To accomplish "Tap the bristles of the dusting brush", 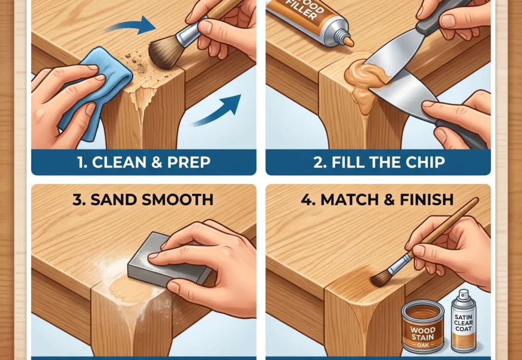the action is click(163, 52).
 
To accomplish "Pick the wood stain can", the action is click(423, 326).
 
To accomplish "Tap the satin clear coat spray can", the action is click(463, 322).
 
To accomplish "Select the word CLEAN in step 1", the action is click(119, 162).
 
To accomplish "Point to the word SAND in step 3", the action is click(113, 199).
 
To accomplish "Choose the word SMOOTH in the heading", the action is click(177, 199).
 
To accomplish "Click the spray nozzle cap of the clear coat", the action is click(463, 295).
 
